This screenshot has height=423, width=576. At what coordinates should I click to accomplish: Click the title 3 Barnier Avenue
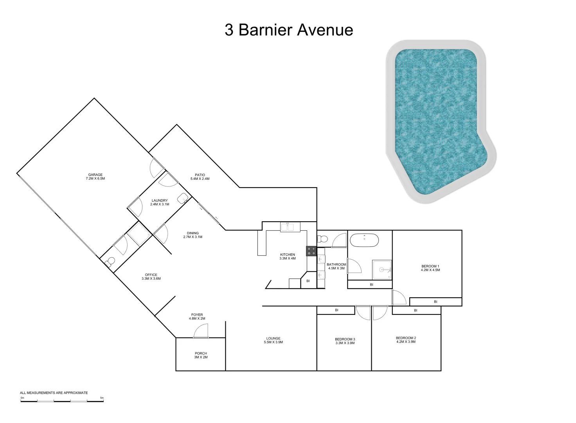(x=289, y=30)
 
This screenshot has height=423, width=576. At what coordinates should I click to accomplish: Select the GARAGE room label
(x=95, y=175)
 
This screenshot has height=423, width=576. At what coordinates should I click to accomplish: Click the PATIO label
(x=200, y=175)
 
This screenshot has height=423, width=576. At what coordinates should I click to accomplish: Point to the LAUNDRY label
(x=160, y=201)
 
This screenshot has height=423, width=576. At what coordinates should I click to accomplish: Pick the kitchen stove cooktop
(x=311, y=251)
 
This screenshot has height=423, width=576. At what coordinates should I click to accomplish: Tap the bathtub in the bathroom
(x=364, y=240)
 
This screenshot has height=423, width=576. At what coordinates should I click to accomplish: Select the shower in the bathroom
(x=382, y=269)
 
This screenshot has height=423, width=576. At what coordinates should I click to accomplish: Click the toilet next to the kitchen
(x=323, y=239)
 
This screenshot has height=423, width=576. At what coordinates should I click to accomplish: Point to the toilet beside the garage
(x=110, y=261)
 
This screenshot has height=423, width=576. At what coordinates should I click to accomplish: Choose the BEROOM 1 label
(x=430, y=266)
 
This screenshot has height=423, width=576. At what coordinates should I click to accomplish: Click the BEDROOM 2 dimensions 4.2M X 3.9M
(x=406, y=342)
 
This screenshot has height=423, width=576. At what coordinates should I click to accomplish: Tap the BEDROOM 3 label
(x=345, y=339)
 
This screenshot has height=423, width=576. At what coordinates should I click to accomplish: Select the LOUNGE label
(x=273, y=338)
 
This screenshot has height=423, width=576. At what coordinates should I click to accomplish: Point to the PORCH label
(x=201, y=353)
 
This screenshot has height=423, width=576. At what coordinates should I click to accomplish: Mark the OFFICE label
(x=151, y=275)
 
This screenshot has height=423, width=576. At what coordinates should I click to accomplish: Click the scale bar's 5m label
(x=102, y=398)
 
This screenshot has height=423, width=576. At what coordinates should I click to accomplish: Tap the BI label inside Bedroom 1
(x=436, y=302)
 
